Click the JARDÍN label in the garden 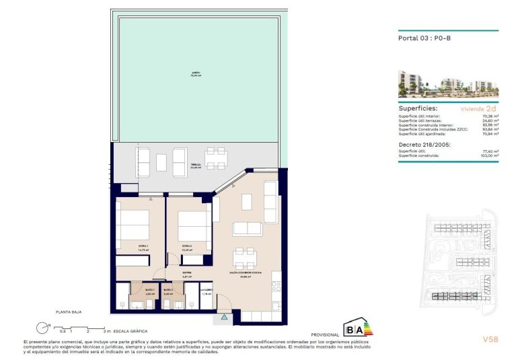(196, 73)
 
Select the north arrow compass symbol (43, 328)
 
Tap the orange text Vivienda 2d (478, 108)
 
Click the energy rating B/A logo (357, 328)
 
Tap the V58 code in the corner (490, 340)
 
